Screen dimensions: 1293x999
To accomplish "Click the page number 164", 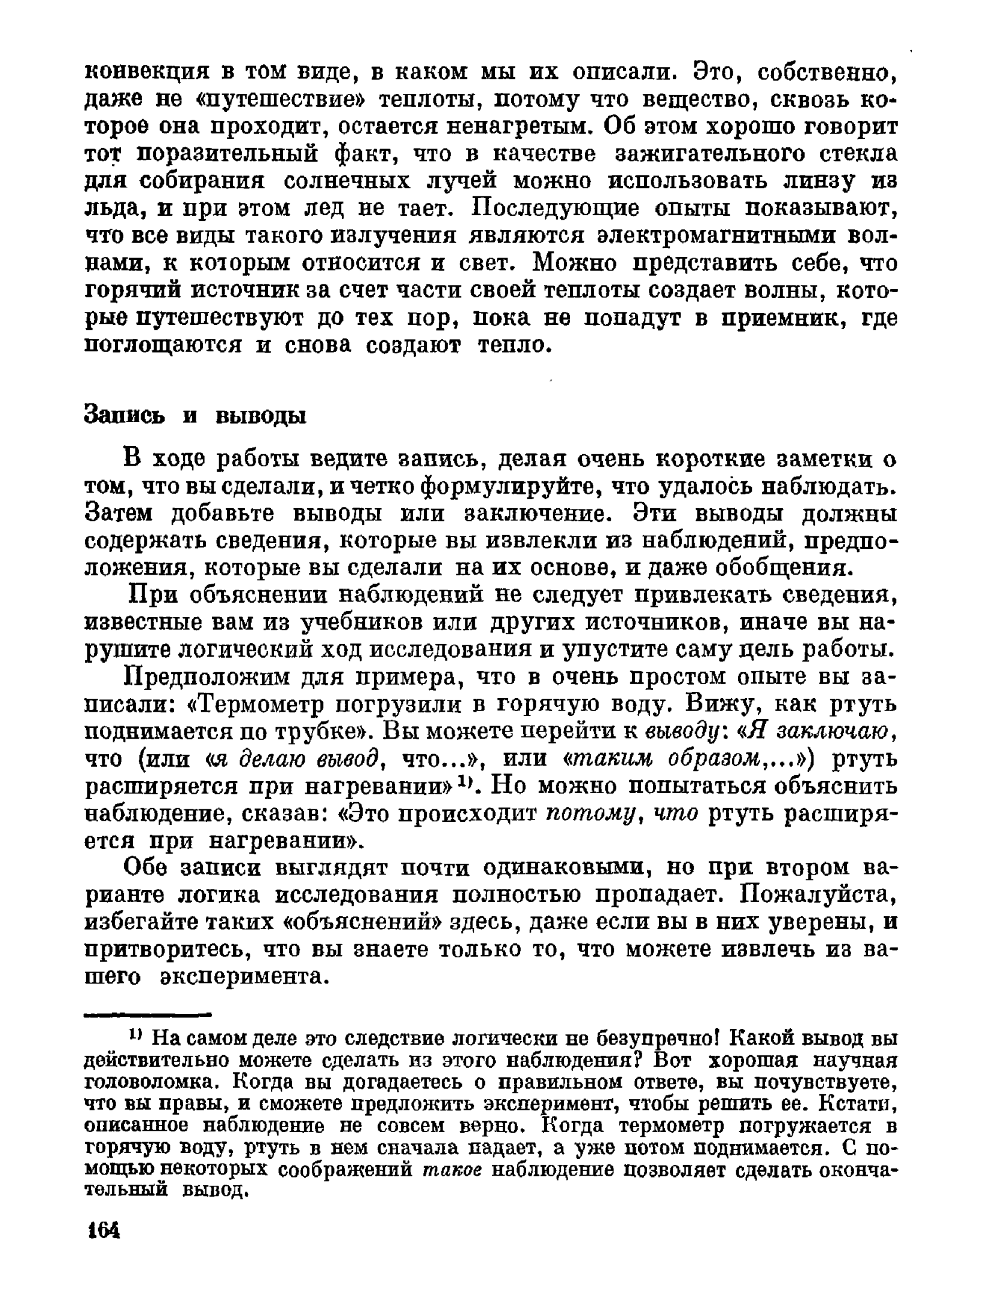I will (104, 1231).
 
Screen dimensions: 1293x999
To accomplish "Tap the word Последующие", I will (555, 209).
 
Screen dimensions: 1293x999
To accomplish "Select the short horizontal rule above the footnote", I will (148, 1014).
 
